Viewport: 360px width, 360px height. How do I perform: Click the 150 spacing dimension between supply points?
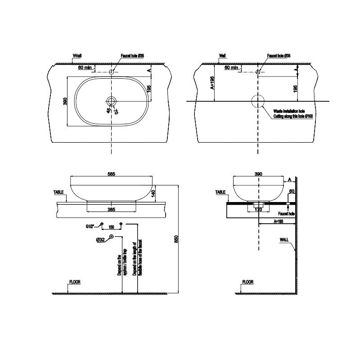click(x=111, y=227)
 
